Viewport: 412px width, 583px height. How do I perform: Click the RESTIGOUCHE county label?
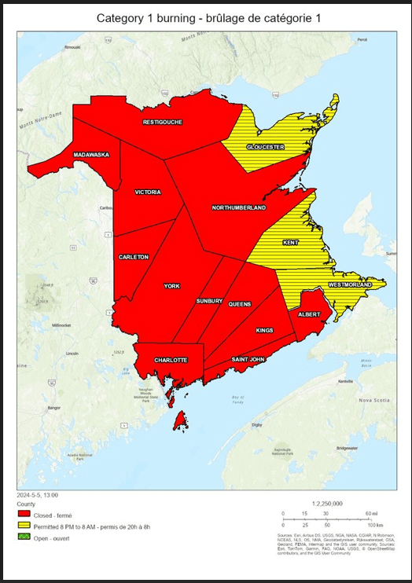[x=163, y=123]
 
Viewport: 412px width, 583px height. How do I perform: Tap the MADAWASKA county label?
[x=91, y=155]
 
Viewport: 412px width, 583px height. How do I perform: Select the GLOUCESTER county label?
[x=265, y=147]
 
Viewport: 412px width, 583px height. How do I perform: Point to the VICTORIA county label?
[x=148, y=192]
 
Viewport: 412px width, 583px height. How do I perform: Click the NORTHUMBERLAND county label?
[x=238, y=207]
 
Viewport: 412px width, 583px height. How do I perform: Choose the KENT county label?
[x=290, y=243]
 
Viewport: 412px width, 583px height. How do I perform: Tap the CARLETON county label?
[x=134, y=257]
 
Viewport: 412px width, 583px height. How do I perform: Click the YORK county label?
[x=171, y=286]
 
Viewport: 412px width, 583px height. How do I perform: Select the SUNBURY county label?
[x=210, y=301]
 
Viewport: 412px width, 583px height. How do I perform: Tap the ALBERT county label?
[x=308, y=313]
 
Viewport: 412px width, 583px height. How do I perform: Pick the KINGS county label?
[x=264, y=330]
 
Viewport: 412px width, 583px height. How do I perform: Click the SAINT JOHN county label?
[x=248, y=359]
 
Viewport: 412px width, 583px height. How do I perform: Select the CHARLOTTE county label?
[x=171, y=360]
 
